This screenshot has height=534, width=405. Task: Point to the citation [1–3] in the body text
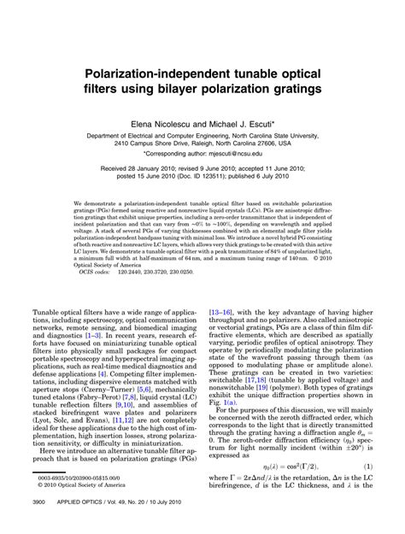click(x=85, y=336)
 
